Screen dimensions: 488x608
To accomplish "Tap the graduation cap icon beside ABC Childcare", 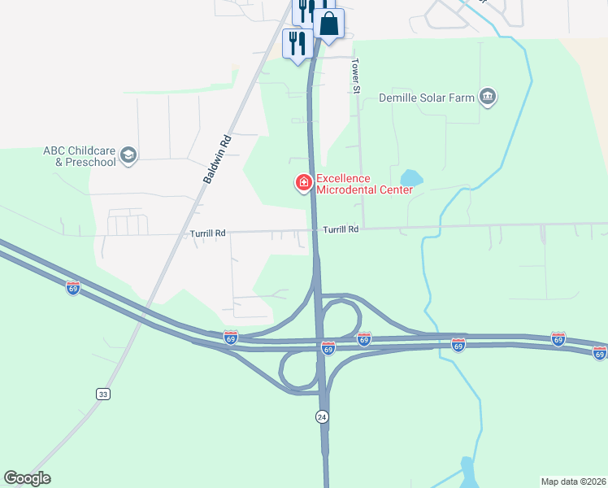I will (x=128, y=155).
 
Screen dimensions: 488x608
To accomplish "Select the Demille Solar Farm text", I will (x=427, y=98).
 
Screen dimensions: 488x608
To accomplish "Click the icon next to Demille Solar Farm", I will (x=488, y=98).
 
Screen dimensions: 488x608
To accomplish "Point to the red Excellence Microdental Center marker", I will (x=304, y=183).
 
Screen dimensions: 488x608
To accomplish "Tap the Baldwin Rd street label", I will (x=217, y=159).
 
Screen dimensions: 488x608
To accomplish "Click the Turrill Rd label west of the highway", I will (x=206, y=233).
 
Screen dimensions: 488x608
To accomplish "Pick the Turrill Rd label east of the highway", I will (x=341, y=230).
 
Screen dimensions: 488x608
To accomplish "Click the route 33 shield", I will (x=102, y=394).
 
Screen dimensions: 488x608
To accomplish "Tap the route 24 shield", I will (x=322, y=416).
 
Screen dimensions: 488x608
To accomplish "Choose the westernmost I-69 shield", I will (x=73, y=288).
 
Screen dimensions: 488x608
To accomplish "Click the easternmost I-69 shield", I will (x=600, y=352).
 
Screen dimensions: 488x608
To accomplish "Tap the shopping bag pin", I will (x=328, y=25).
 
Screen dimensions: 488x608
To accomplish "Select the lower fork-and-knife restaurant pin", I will (x=296, y=43).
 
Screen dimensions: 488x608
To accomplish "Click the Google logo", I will (x=28, y=478).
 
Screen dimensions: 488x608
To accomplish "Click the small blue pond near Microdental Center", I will (x=411, y=176).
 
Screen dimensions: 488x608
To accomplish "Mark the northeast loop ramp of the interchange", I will (x=342, y=315).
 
